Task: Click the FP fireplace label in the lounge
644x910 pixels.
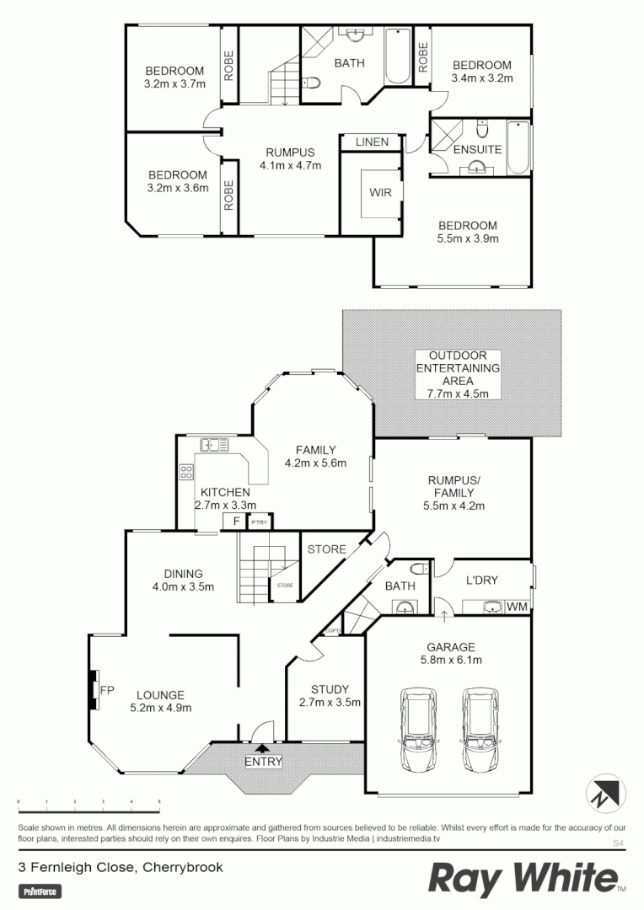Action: [107, 690]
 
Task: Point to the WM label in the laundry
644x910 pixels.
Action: [518, 606]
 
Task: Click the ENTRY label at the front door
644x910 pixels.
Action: [263, 762]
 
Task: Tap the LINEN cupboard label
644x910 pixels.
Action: [372, 142]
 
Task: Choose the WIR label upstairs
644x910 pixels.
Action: [379, 191]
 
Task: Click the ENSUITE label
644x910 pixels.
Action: [479, 149]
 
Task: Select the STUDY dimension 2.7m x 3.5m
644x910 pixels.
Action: [330, 702]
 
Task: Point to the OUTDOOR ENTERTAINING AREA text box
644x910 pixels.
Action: [459, 374]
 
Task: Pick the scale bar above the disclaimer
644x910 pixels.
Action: [89, 800]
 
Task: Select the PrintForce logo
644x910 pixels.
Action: [40, 891]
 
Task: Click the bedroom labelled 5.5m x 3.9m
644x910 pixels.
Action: [468, 232]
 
